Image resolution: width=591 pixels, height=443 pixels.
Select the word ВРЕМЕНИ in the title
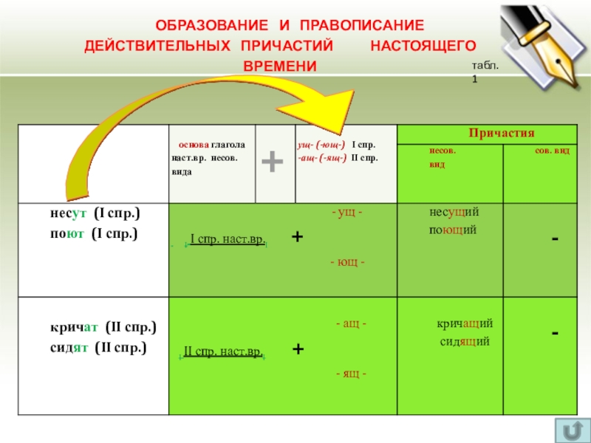point(279,66)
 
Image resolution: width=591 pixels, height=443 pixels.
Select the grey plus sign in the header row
point(273,161)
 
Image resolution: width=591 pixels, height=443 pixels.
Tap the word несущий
point(454,213)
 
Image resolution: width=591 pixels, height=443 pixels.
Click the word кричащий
point(465,324)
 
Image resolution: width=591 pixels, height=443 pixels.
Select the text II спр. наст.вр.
point(222,351)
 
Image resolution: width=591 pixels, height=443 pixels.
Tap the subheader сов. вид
point(551,150)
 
